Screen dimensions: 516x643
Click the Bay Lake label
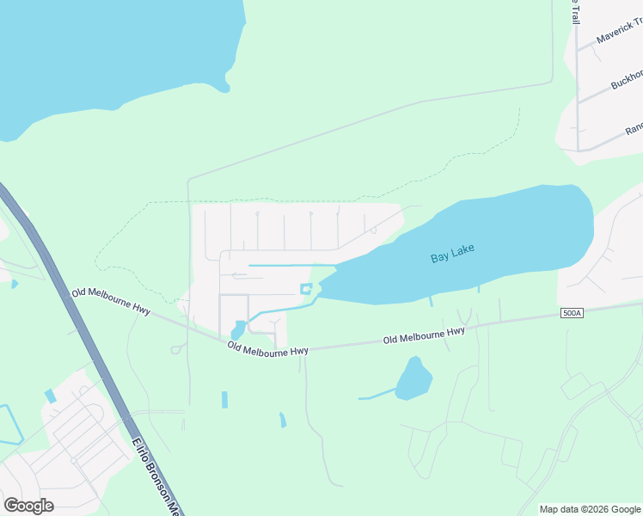click(452, 254)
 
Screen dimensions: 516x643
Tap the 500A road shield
click(571, 313)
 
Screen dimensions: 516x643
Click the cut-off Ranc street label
click(633, 127)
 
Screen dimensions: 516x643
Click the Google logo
click(28, 506)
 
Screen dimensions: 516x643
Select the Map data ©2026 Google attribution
click(589, 509)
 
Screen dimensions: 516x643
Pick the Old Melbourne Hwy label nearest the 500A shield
click(424, 336)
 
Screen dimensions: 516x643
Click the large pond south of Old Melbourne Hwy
click(413, 379)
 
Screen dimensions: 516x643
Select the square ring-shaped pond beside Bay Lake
click(305, 289)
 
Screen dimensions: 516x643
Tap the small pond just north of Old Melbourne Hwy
click(238, 329)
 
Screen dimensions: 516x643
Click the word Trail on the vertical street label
click(575, 10)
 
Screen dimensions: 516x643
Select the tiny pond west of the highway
click(15, 284)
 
